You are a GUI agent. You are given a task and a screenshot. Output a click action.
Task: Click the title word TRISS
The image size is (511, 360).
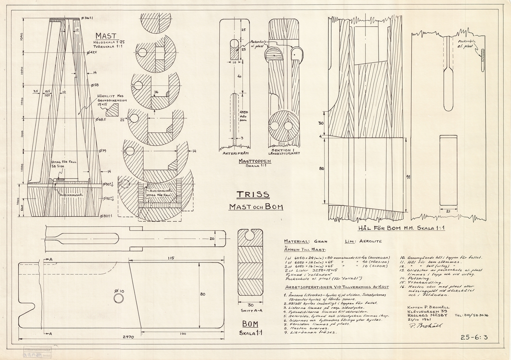(253, 195)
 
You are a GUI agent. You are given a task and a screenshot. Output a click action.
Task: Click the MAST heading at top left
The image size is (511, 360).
(106, 36)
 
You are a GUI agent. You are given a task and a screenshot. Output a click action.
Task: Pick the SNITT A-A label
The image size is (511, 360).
(250, 311)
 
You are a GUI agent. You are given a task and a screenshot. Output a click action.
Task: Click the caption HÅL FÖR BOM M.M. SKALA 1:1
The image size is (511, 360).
(402, 228)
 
